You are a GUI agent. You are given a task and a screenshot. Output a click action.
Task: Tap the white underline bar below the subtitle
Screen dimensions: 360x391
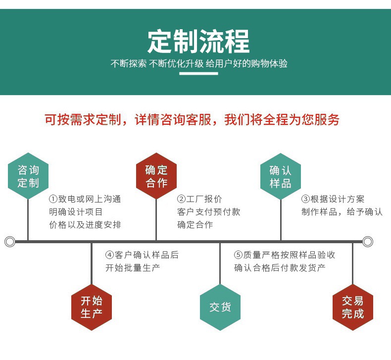click(198, 73)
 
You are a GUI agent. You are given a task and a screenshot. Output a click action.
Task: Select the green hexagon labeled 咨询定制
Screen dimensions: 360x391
click(28, 176)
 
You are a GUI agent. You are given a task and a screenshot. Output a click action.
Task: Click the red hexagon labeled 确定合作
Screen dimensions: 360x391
click(156, 176)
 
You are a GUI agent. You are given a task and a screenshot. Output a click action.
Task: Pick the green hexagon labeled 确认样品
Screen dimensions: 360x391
click(281, 176)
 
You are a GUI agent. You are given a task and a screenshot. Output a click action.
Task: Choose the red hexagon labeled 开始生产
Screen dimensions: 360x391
click(92, 307)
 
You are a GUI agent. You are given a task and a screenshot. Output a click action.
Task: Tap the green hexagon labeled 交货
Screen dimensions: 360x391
click(220, 307)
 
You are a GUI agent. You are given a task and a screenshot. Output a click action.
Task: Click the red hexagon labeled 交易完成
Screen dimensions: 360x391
click(352, 307)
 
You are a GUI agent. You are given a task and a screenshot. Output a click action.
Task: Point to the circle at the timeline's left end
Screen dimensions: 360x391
click(9, 242)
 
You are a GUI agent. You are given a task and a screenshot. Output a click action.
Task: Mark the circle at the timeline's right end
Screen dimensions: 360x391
click(367, 242)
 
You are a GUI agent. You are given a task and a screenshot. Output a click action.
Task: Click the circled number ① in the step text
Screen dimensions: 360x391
click(53, 199)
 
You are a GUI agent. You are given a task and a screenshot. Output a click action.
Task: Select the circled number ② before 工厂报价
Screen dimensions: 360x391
click(182, 199)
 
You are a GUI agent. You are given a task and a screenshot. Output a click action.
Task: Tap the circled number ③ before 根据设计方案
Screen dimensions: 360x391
click(306, 199)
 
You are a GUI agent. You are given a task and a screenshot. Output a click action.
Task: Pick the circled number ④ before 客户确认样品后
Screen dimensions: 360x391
click(110, 255)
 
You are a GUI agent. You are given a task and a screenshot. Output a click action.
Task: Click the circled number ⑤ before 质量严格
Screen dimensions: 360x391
click(239, 255)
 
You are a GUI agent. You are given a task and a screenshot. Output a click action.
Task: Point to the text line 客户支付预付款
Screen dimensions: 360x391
click(209, 212)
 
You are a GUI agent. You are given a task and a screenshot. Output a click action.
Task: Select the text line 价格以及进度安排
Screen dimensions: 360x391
click(85, 225)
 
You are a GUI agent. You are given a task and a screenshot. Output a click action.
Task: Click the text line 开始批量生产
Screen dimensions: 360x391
click(133, 268)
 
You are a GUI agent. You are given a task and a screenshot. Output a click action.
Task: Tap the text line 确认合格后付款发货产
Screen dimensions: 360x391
click(280, 268)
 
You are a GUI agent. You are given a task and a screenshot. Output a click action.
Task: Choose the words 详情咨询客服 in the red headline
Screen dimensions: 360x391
click(173, 120)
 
